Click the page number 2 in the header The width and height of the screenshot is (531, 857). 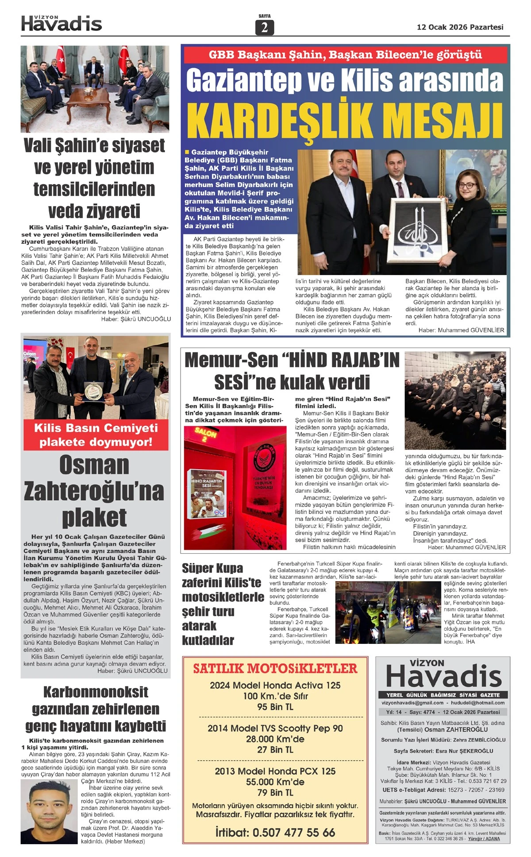(264, 27)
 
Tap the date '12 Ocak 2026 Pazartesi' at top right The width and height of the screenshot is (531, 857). (460, 27)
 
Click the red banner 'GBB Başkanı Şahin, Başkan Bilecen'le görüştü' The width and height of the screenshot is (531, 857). (345, 55)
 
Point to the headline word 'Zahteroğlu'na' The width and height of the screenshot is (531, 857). (94, 491)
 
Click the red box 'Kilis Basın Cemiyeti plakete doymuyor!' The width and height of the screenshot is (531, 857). (96, 435)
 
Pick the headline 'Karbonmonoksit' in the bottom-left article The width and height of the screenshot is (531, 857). (96, 692)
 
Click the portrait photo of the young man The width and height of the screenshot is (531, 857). (50, 811)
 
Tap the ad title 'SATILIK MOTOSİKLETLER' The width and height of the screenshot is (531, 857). (275, 668)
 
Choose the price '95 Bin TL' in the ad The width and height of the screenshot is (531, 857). (275, 707)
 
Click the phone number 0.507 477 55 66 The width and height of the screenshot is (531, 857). (275, 832)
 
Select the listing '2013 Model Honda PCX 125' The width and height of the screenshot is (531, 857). (275, 771)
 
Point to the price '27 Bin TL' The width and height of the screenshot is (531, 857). (275, 750)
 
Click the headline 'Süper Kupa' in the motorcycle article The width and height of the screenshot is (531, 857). (212, 568)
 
